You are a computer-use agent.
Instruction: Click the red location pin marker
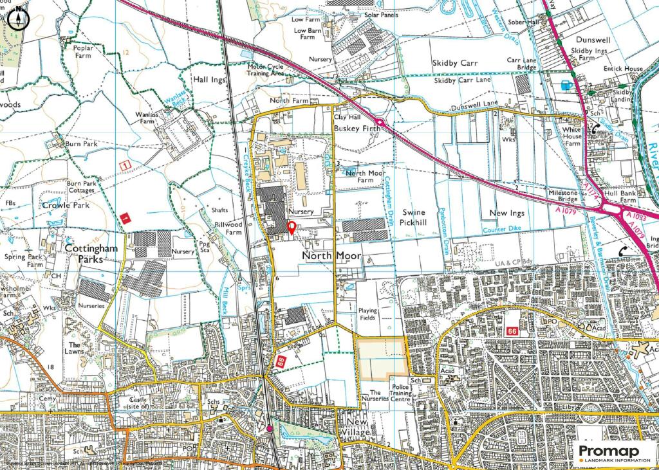coord(291,228)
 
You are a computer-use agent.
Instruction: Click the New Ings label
coord(506,213)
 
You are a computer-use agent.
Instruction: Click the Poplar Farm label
coord(84,52)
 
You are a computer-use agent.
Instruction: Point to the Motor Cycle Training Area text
coord(266,69)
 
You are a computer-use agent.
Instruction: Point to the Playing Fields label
coord(367,314)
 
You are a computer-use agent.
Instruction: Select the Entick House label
coord(622,69)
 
